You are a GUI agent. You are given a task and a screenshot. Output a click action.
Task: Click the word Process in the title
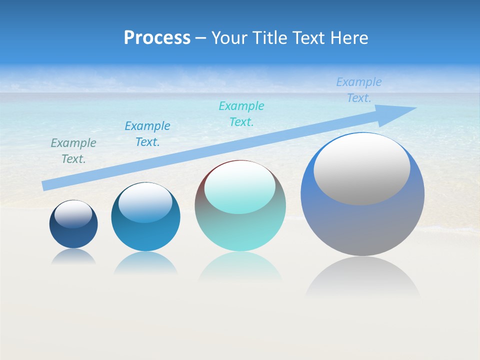(157, 38)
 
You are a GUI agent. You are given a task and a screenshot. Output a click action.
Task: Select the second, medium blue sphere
(145, 235)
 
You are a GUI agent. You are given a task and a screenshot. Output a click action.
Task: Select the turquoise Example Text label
(241, 114)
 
